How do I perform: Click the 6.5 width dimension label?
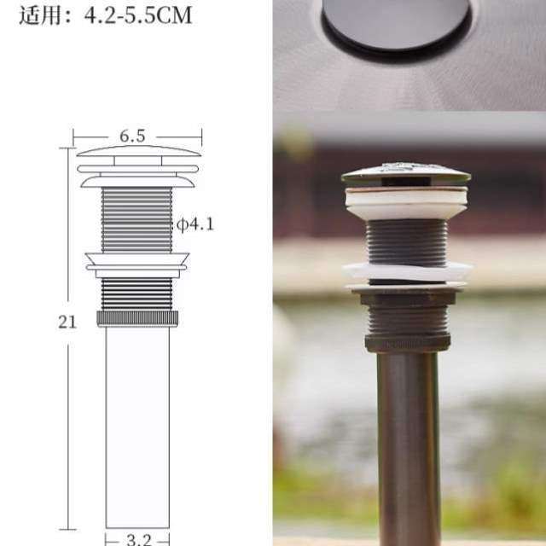pos(132,136)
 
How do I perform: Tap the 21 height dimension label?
pos(68,322)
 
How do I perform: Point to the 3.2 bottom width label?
pos(137,538)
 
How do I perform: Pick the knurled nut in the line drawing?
pos(137,318)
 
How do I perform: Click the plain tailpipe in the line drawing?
pos(137,427)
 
